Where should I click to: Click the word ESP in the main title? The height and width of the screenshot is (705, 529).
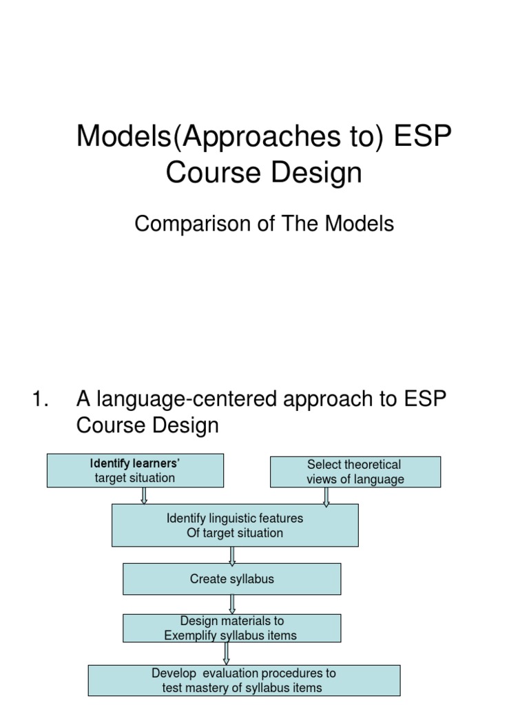click(423, 136)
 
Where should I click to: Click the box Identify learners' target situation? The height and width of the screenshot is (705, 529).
click(135, 470)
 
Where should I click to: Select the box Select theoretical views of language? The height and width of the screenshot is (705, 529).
click(355, 472)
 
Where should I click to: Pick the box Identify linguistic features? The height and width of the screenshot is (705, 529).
click(235, 525)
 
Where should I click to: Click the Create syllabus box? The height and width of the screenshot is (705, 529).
click(231, 579)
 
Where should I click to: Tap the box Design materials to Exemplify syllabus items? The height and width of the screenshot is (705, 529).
click(231, 628)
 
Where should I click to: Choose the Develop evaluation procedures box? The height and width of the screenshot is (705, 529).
click(244, 680)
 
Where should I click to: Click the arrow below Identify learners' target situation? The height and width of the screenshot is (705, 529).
click(144, 496)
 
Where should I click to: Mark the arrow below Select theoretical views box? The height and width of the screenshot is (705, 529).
click(326, 496)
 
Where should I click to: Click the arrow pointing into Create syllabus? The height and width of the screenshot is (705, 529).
click(232, 555)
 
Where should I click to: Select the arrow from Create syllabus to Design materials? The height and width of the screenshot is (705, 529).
click(232, 604)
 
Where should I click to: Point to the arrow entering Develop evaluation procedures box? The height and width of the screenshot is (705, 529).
click(227, 653)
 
